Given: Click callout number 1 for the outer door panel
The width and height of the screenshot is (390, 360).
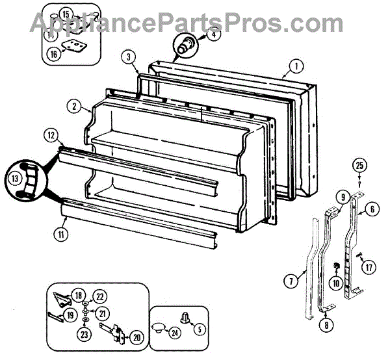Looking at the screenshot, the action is (x=296, y=66).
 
